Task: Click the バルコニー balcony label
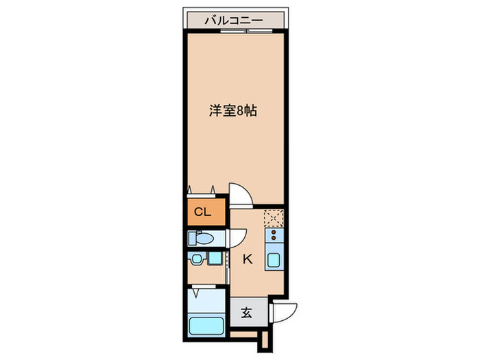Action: click(x=233, y=21)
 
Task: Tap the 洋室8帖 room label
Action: click(x=233, y=110)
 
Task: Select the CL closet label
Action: click(x=202, y=211)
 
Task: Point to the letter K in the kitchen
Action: click(x=247, y=260)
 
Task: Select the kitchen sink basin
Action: click(x=274, y=261)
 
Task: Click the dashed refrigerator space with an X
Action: click(x=274, y=217)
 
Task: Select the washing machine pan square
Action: click(x=217, y=260)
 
